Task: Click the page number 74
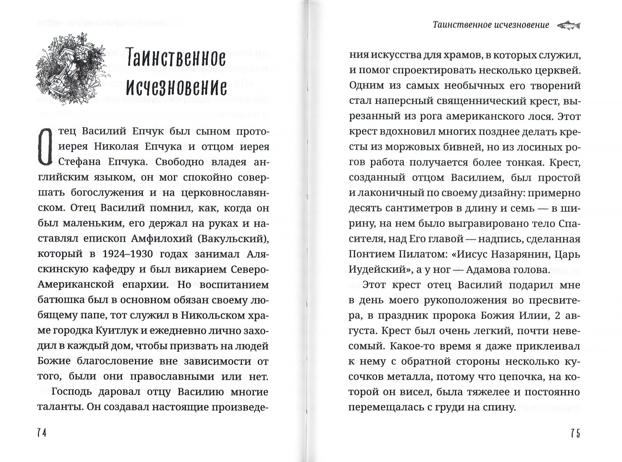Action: (x=42, y=433)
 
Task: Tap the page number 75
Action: (x=575, y=433)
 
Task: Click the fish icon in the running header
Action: (x=569, y=25)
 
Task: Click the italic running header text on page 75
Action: (x=491, y=25)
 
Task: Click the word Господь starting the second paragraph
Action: (x=71, y=392)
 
